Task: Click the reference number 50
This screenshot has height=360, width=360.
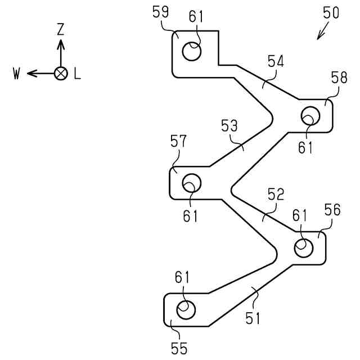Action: tap(331, 12)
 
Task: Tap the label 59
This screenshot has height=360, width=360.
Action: tap(160, 12)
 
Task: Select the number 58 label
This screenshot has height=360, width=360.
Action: tap(339, 78)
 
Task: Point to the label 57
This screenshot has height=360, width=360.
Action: tap(178, 141)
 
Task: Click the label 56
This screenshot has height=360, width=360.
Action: tap(332, 210)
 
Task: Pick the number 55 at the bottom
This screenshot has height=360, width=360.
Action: tap(179, 348)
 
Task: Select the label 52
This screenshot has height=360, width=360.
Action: tap(275, 195)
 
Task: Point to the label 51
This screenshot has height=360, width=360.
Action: tap(253, 318)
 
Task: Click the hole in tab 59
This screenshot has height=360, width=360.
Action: tap(192, 52)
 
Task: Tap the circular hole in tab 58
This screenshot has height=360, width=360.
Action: tap(310, 116)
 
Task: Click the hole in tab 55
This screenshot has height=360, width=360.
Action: tap(186, 309)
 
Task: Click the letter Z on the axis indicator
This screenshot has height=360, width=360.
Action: tap(61, 30)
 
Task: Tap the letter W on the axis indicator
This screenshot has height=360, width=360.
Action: tap(17, 74)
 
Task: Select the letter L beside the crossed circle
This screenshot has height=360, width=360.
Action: tap(77, 74)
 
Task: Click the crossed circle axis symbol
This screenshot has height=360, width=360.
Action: tap(61, 73)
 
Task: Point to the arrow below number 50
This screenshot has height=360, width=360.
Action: tap(322, 33)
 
